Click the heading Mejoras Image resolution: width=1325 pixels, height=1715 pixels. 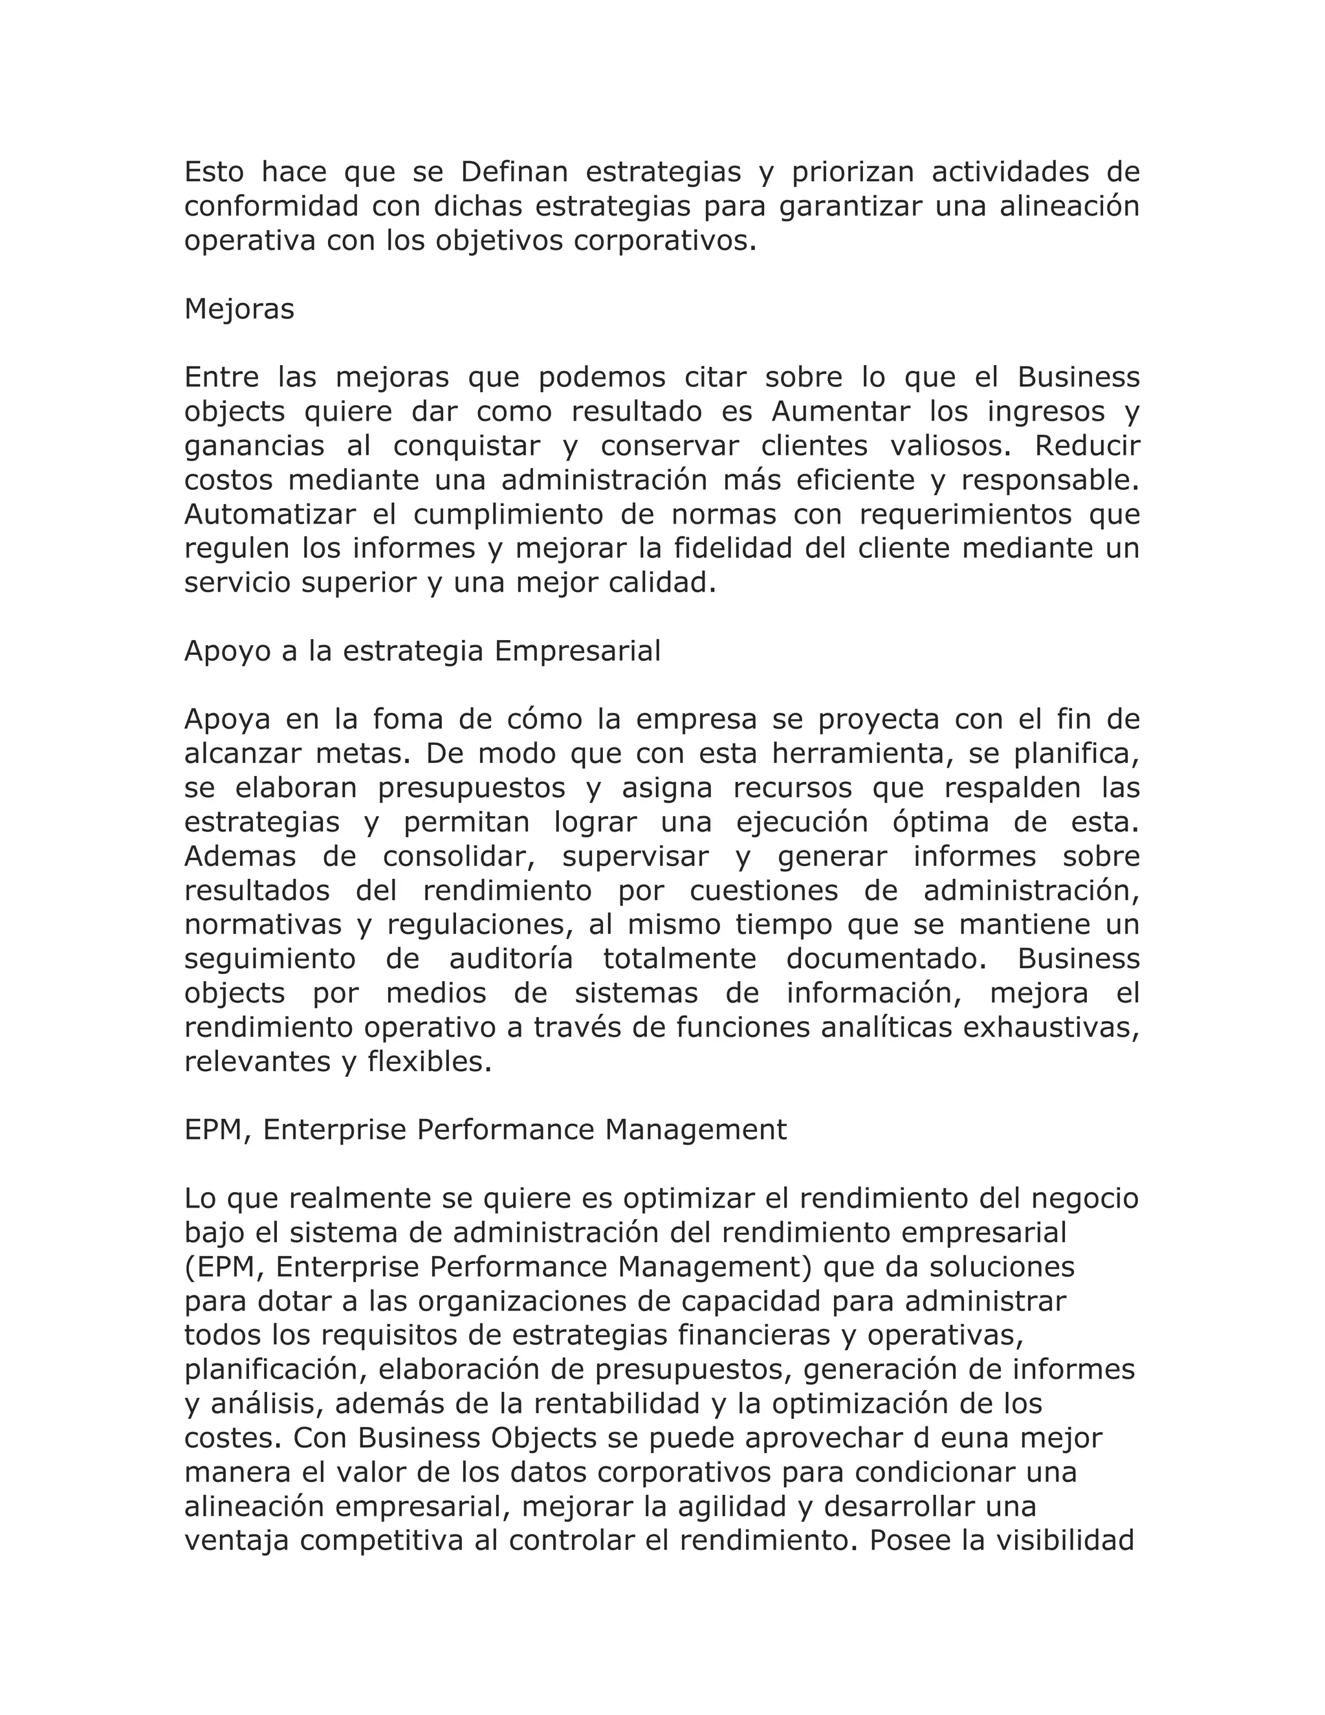tap(239, 309)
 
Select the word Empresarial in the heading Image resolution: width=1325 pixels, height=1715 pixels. tap(577, 651)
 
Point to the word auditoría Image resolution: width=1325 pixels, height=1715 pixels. tap(510, 959)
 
